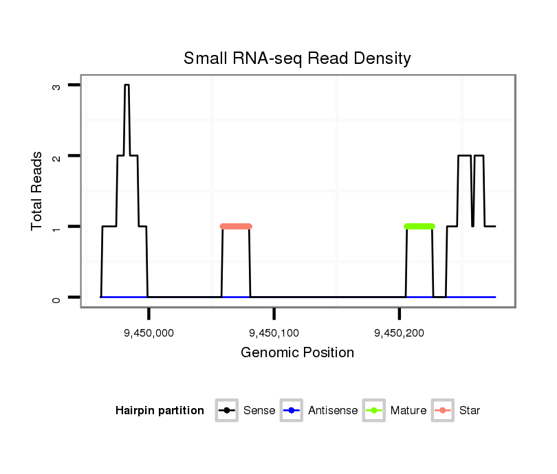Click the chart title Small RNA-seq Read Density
(x=297, y=58)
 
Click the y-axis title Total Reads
(x=37, y=191)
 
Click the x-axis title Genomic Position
(x=297, y=353)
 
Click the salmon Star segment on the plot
(x=236, y=226)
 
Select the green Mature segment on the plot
(x=419, y=226)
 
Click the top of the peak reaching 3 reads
(x=127, y=85)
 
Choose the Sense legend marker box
(x=227, y=411)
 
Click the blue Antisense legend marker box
(x=292, y=411)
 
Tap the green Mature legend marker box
(x=374, y=411)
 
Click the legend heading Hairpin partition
(x=160, y=411)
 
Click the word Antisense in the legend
(x=332, y=411)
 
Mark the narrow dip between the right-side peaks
(x=472, y=224)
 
